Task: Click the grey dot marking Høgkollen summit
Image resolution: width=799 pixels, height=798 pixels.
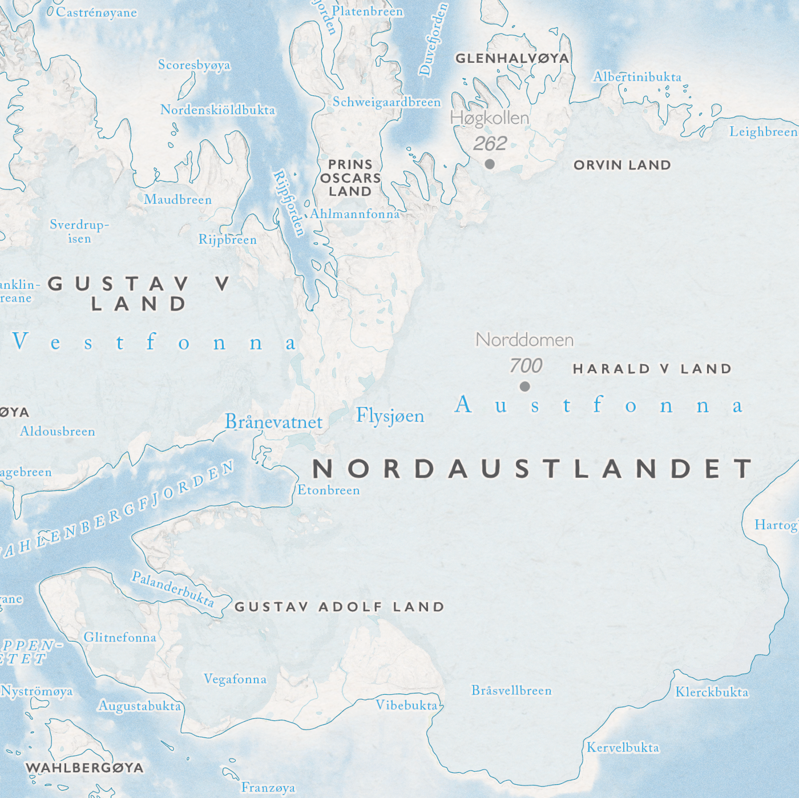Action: pos(490,164)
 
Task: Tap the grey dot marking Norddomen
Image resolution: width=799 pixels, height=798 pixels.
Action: pos(525,386)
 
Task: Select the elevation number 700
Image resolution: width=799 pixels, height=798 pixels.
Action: pos(526,365)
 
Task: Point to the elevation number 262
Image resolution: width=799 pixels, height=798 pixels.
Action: pos(490,143)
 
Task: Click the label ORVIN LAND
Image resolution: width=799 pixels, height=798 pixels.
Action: pos(622,165)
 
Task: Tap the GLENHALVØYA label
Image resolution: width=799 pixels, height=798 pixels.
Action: pos(512,58)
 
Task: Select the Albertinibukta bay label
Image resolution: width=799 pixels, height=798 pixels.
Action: pos(637,77)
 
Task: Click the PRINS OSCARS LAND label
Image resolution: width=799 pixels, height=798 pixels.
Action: pos(350,178)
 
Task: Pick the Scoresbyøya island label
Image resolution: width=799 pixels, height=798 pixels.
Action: pos(194,65)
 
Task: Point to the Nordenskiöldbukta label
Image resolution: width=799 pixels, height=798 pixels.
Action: pos(217,110)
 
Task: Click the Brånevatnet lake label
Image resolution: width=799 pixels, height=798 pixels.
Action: pos(274,422)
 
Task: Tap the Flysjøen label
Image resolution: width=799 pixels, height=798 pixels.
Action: pos(390,416)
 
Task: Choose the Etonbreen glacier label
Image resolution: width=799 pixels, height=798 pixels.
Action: pos(329,490)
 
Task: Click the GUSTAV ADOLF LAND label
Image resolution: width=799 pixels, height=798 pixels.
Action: pos(340,607)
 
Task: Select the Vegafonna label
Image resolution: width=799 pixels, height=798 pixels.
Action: pos(235,679)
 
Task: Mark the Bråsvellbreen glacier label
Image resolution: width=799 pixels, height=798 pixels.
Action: pos(511,691)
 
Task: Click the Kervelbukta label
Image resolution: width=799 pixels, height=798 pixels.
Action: pos(623,748)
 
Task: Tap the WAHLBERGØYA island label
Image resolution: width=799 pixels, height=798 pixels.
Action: pos(84,768)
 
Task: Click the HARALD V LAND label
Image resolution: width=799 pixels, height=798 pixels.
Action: pos(652,369)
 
